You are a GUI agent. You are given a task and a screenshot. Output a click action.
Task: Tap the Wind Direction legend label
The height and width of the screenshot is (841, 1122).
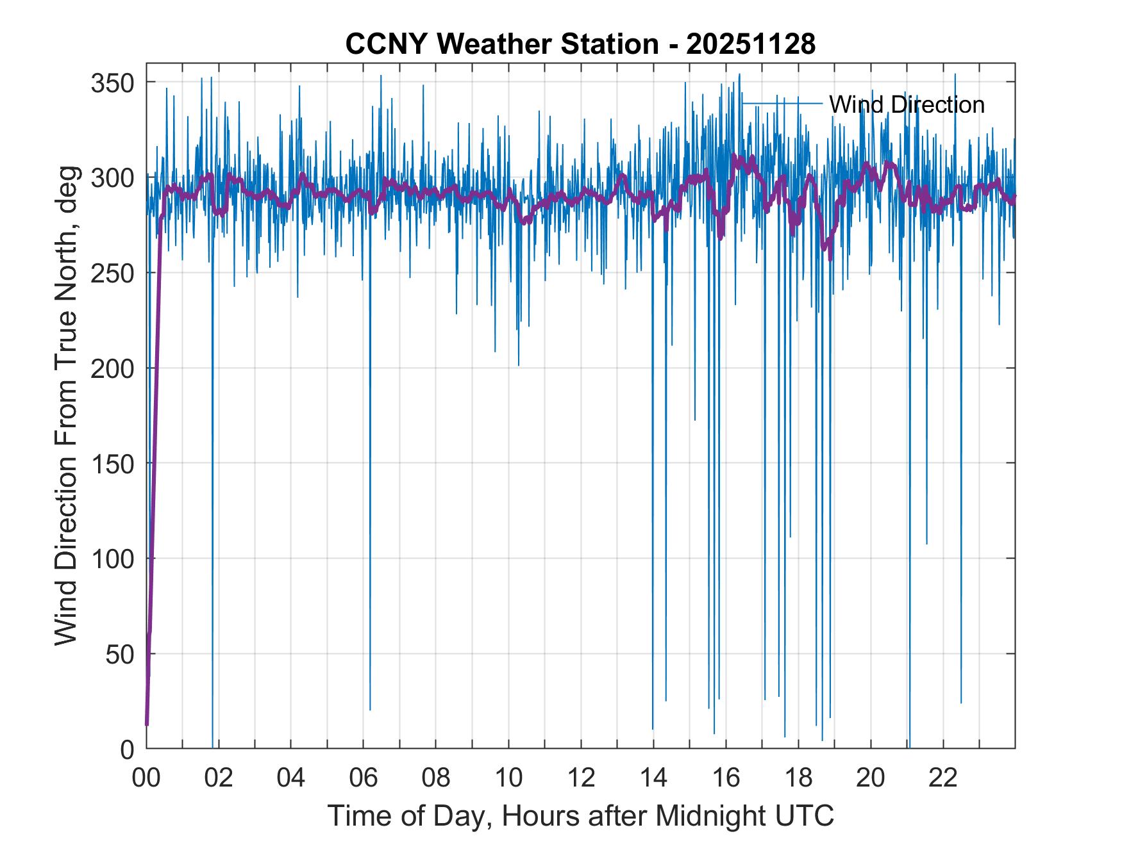coord(907,104)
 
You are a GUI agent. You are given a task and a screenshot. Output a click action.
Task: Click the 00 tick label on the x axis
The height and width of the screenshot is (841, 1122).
coord(146,778)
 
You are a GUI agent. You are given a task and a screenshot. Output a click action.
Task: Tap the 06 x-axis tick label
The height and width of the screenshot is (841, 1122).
coord(364,778)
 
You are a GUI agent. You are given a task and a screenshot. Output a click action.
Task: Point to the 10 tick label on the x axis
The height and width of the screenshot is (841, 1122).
coord(508,778)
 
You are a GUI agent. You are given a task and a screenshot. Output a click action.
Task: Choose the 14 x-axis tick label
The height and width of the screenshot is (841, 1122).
coord(653,778)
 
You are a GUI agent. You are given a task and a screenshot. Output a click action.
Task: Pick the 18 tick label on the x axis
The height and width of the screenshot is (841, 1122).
coord(798,778)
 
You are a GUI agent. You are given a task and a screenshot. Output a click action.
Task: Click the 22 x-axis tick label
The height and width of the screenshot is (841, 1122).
coord(943,778)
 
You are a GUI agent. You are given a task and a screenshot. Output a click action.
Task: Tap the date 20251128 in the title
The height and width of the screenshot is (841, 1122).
coord(751,44)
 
